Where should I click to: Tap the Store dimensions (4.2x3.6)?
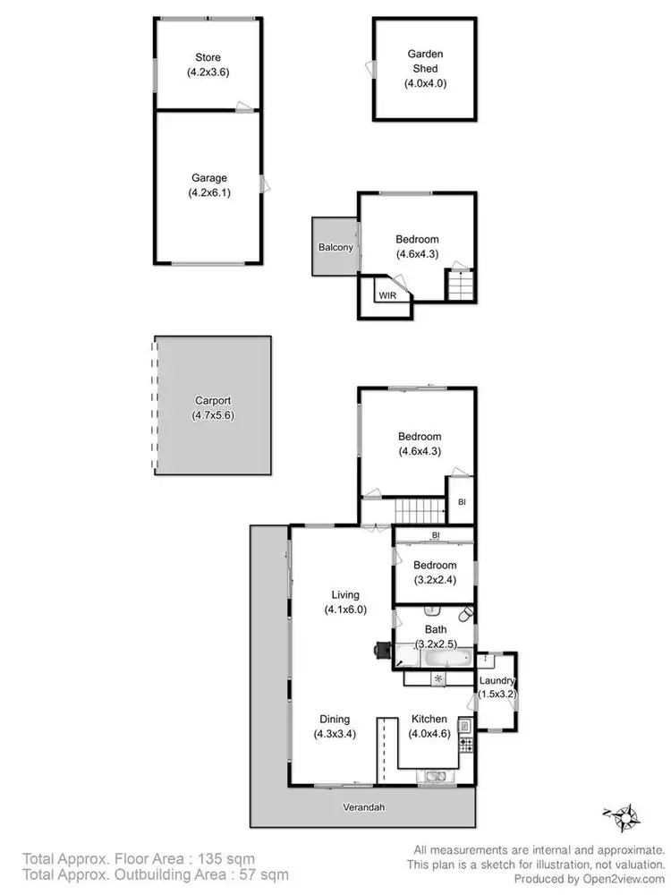tap(208, 73)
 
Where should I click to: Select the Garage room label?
tap(208, 178)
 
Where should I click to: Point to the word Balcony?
tap(335, 248)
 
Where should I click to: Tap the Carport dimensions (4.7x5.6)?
tap(213, 415)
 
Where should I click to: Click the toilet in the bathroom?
tap(465, 616)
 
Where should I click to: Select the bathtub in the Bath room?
tap(445, 659)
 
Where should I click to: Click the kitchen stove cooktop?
tap(464, 743)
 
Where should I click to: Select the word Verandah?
tap(364, 806)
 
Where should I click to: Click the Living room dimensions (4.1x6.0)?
tap(345, 609)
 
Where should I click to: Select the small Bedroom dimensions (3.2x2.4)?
tap(435, 580)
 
